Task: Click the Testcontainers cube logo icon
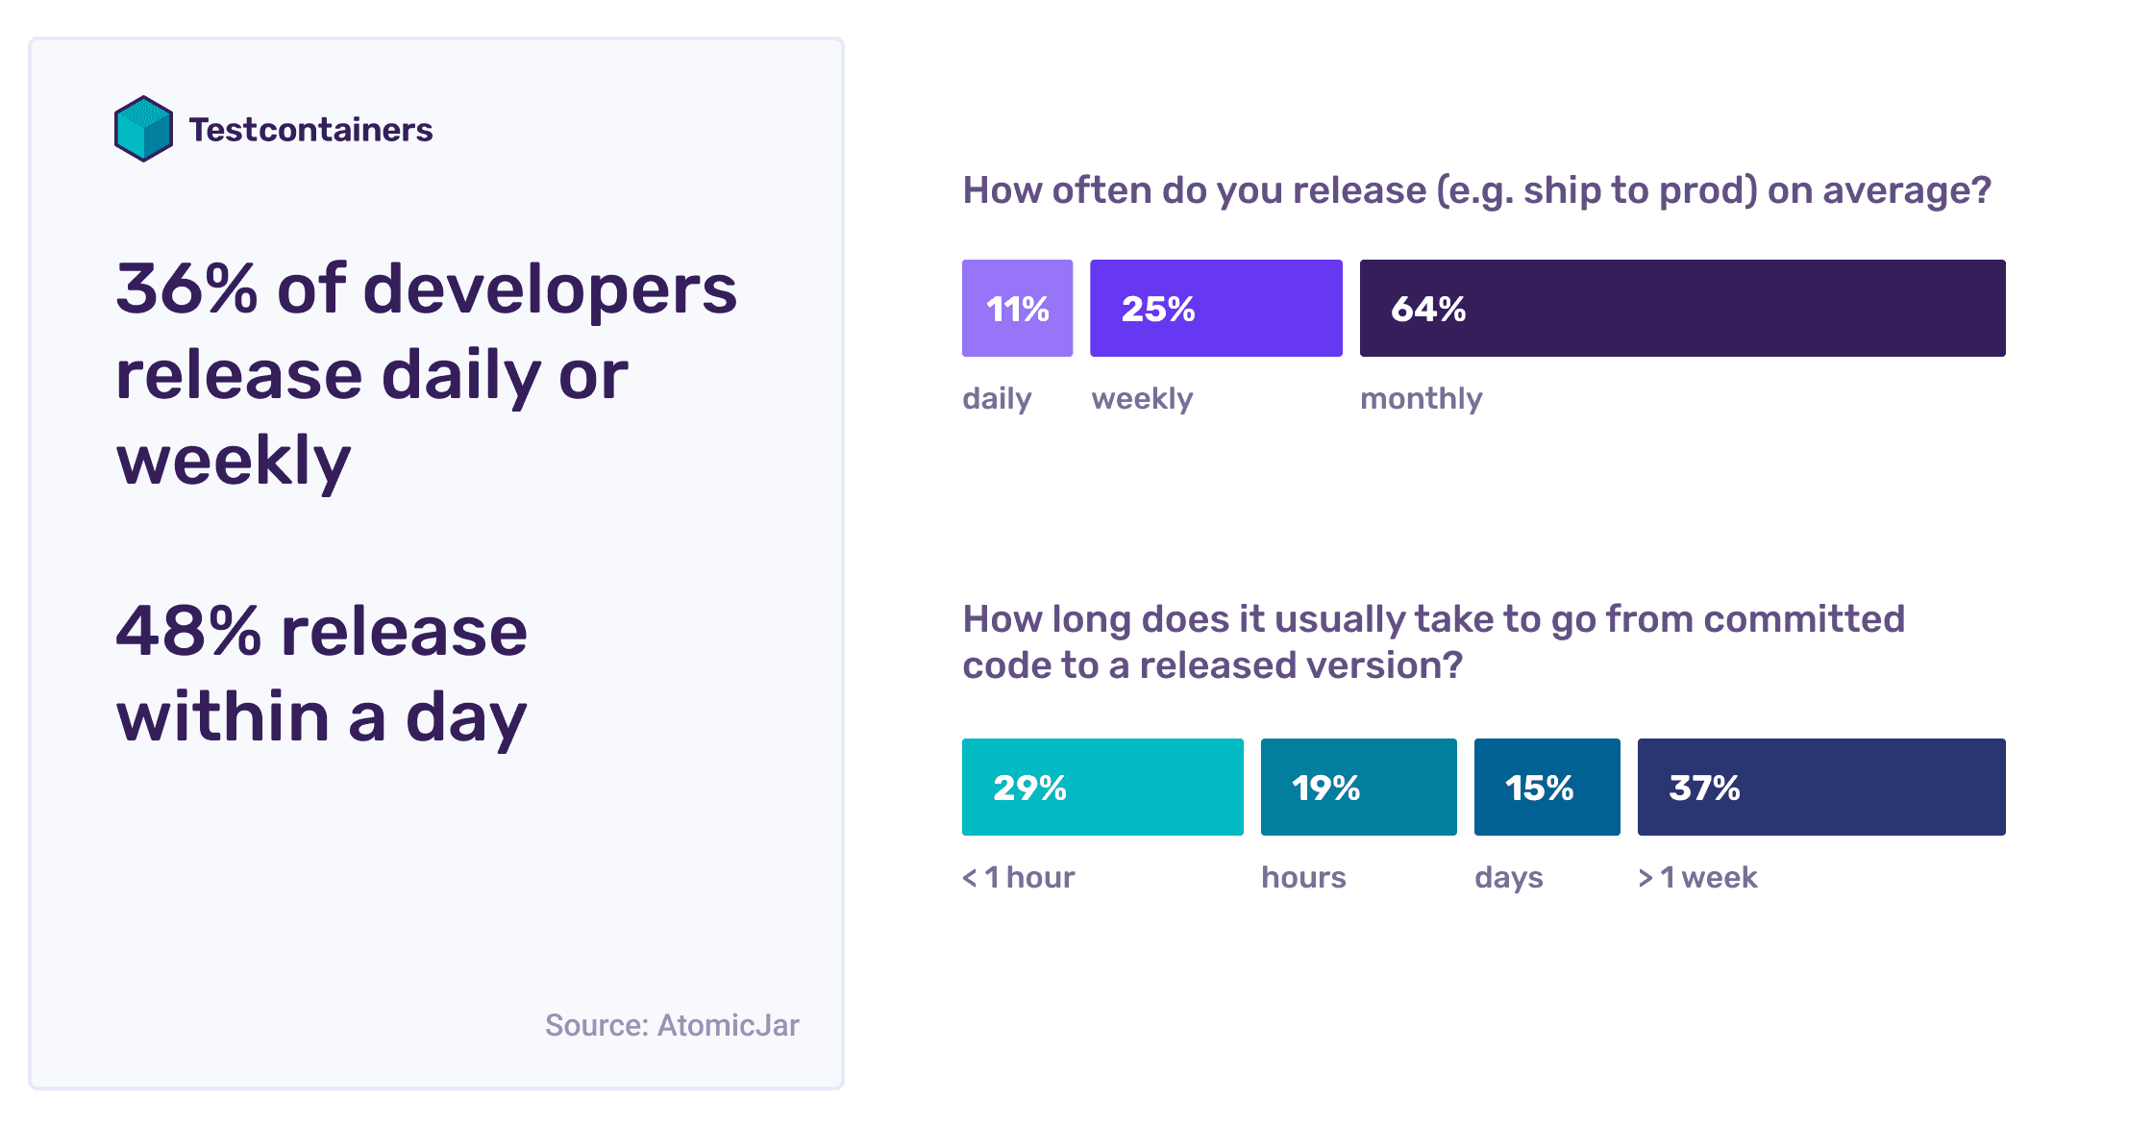pyautogui.click(x=143, y=129)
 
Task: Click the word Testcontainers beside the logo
pyautogui.click(x=310, y=130)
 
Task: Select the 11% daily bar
pyautogui.click(x=1017, y=308)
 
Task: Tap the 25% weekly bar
pyautogui.click(x=1216, y=308)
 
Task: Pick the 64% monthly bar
pyautogui.click(x=1682, y=308)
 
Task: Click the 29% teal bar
pyautogui.click(x=1102, y=787)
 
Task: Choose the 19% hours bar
pyautogui.click(x=1358, y=787)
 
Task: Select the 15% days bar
pyautogui.click(x=1547, y=787)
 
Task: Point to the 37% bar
pyautogui.click(x=1821, y=787)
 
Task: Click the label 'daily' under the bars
pyautogui.click(x=997, y=398)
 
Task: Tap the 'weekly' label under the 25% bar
pyautogui.click(x=1142, y=398)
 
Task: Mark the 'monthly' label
pyautogui.click(x=1421, y=398)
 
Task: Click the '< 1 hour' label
pyautogui.click(x=1019, y=877)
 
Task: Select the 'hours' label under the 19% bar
pyautogui.click(x=1303, y=877)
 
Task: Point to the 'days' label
pyautogui.click(x=1508, y=877)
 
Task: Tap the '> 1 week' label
pyautogui.click(x=1697, y=877)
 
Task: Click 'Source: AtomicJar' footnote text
pyautogui.click(x=672, y=1025)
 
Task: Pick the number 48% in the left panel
pyautogui.click(x=188, y=632)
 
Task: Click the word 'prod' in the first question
pyautogui.click(x=1703, y=191)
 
